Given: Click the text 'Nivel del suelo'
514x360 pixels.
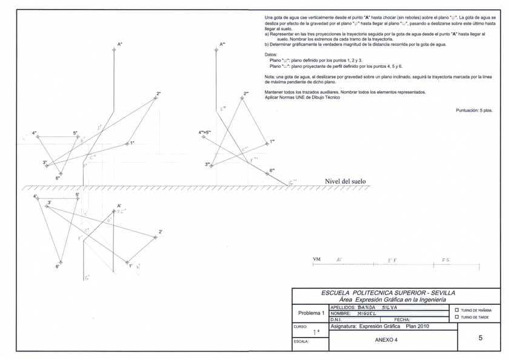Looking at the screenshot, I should (345, 181).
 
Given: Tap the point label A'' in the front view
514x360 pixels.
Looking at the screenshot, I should (120, 44).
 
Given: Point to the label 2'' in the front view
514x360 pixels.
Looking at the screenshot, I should (158, 93).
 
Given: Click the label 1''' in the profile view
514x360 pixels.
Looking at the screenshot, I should (272, 141).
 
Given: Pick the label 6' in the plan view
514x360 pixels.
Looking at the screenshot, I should (58, 266).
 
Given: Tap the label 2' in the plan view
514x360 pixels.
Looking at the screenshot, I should (160, 232).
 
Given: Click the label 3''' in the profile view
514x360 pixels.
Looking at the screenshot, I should (208, 164).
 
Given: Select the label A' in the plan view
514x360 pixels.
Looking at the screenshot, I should (120, 206).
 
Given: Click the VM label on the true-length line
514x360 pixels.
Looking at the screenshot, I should (316, 259).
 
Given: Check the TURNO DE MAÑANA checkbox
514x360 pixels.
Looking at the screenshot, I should (456, 310).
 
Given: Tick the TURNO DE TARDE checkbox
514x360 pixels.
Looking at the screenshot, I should (456, 317).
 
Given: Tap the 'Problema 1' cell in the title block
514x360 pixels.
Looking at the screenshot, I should (310, 313).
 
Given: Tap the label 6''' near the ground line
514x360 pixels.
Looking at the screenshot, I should (272, 170).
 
